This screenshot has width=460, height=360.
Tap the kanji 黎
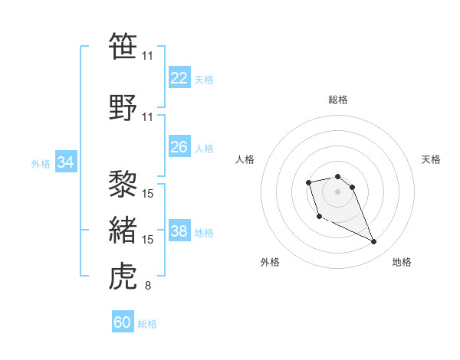coord(123,183)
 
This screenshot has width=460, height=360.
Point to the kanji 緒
coord(123,230)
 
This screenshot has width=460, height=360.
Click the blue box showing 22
coord(179,78)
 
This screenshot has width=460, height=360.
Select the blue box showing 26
coord(179,147)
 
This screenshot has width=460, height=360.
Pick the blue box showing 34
coord(66,162)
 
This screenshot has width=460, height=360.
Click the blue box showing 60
coord(123,323)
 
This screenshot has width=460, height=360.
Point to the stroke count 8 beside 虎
coord(147,286)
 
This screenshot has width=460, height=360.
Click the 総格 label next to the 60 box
coord(148,324)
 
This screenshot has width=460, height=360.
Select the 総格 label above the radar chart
coord(337,100)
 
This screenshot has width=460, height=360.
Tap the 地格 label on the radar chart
coord(402,262)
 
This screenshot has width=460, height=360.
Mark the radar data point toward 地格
coord(374,242)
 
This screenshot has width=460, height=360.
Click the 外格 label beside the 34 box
coord(41,163)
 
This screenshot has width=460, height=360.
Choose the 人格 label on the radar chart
coord(245,159)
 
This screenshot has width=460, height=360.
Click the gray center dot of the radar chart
coord(337,191)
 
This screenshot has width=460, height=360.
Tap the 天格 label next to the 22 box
coord(204,79)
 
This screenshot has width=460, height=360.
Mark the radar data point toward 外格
coord(319,217)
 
